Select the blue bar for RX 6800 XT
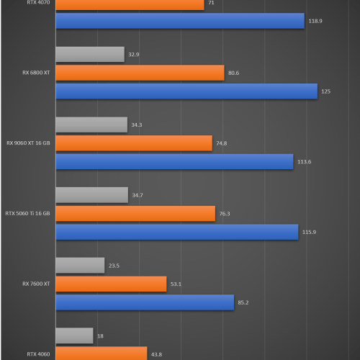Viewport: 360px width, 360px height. coord(186,91)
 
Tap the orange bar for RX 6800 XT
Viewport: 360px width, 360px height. coord(140,73)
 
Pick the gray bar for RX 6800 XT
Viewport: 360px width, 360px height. coord(89,54)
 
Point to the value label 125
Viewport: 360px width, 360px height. coord(325,91)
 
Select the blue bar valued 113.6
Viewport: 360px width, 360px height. coord(174,161)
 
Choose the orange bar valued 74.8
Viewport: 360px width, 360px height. coord(133,143)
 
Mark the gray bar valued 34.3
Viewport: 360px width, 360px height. coord(91,125)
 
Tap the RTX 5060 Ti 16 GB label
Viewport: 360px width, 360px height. coord(28,213)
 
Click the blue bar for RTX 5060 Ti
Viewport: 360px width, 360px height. coord(176,232)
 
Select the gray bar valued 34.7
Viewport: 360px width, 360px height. coord(91,195)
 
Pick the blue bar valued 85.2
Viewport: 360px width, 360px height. coord(144,302)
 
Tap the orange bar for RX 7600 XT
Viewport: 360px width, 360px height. coord(111,284)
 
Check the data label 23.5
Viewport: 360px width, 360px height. coord(114,266)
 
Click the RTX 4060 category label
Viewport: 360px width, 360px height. coord(39,354)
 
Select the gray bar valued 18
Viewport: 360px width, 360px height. coord(74,336)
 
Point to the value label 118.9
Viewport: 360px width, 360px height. coord(315,22)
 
